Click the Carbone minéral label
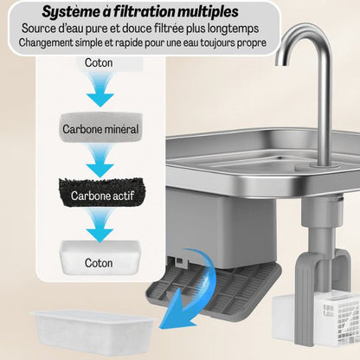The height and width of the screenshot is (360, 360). coord(100,131)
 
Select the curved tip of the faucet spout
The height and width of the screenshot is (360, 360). coord(286,48)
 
